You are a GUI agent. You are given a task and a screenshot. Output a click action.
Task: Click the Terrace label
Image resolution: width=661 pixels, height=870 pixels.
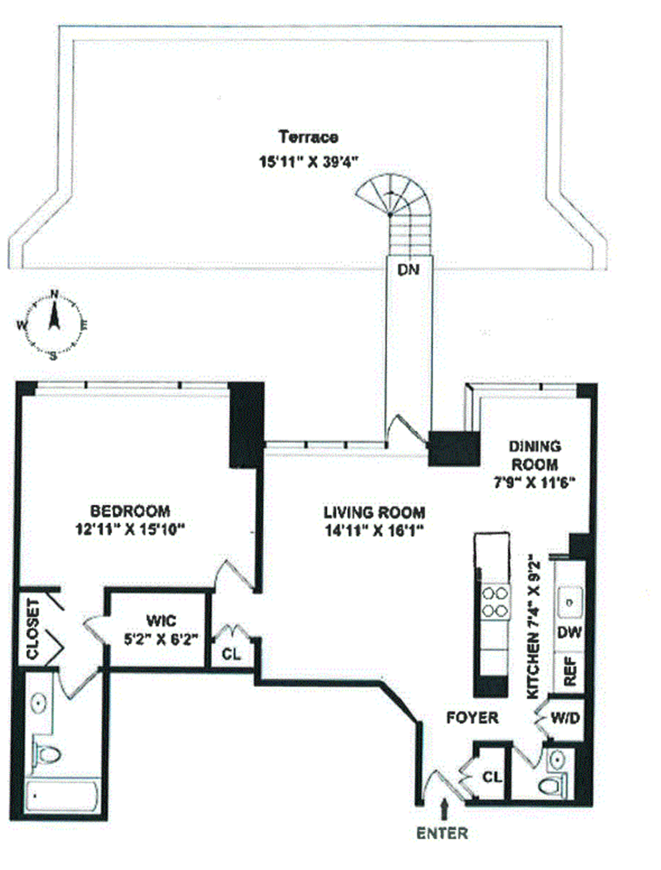[x=308, y=137]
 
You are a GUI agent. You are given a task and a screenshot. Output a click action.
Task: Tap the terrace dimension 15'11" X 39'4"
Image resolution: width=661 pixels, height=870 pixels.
[x=309, y=162]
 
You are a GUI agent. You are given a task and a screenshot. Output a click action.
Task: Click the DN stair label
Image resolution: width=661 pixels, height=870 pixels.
[x=408, y=270]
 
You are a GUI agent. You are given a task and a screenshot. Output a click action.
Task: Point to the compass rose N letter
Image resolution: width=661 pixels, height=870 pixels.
[x=54, y=294]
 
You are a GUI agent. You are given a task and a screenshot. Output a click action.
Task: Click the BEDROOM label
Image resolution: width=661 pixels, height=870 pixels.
[x=130, y=511]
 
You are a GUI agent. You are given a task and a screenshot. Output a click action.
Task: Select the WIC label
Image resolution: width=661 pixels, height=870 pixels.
[x=161, y=621]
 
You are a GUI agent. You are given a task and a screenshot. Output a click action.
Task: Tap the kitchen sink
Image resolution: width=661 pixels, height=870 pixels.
[x=569, y=602]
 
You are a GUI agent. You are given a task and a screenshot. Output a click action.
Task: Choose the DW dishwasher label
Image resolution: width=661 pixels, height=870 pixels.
[x=569, y=632]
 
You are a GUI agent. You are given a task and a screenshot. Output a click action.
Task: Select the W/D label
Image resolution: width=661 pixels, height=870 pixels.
[x=565, y=719]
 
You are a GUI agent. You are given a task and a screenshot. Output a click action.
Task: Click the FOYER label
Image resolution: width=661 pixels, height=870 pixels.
[x=472, y=718]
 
